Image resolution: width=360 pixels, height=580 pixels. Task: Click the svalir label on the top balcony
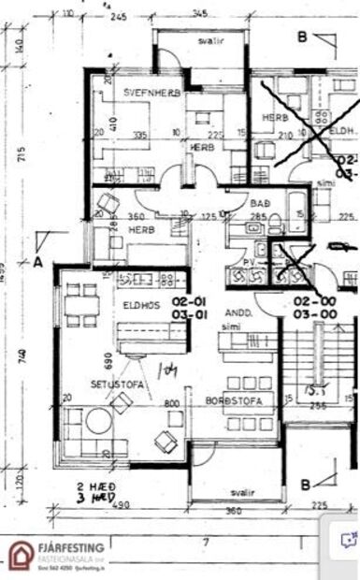(x=202, y=42)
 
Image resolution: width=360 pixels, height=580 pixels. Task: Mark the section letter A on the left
(x=38, y=262)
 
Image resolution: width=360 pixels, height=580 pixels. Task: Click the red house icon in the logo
(x=21, y=554)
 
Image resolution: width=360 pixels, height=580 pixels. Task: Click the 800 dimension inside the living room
(x=171, y=404)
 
